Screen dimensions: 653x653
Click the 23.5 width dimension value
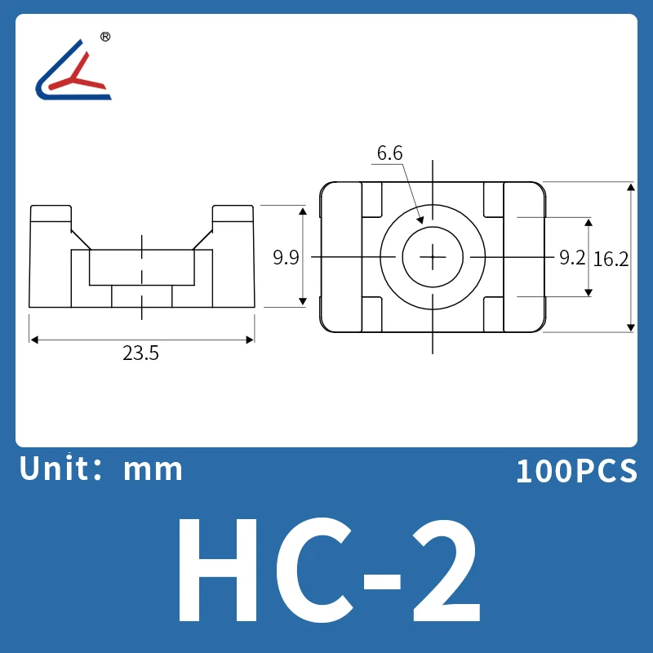point(140,353)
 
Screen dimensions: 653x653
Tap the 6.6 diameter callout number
point(389,153)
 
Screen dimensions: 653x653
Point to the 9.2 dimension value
point(572,258)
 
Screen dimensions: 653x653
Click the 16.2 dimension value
point(611,259)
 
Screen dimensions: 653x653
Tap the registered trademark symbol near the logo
point(104,37)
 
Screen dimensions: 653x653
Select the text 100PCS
point(575,472)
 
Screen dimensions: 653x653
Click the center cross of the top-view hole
point(432,257)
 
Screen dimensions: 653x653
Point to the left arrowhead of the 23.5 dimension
point(34,340)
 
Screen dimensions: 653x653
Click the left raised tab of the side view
point(51,214)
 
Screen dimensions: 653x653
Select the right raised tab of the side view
point(233,214)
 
